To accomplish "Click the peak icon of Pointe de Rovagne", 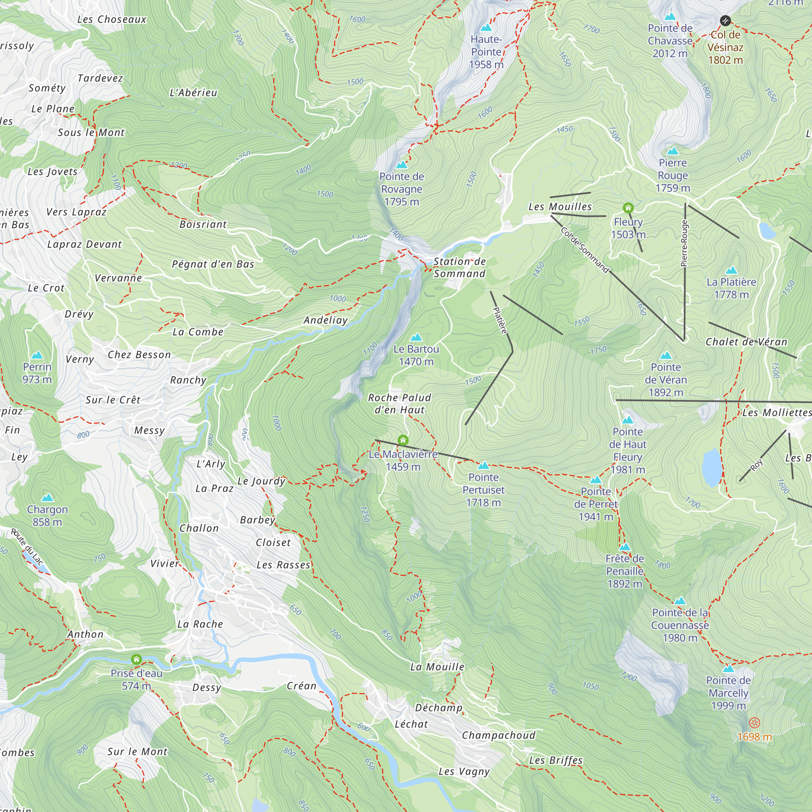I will [x=402, y=165].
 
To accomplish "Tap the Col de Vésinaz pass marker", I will [x=725, y=20].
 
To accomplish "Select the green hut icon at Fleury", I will [x=628, y=207].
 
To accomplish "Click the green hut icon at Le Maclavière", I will [x=403, y=440].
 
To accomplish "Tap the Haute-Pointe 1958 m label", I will [x=486, y=52].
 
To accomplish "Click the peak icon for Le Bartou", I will [x=416, y=337].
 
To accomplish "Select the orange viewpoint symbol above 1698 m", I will [x=754, y=723].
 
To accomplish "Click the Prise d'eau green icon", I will [x=136, y=659].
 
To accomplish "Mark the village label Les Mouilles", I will [x=560, y=206].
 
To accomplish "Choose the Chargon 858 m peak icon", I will [x=47, y=498].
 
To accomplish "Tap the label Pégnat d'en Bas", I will [x=213, y=264].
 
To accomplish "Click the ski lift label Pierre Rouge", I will [x=684, y=244].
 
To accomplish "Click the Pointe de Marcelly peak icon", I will [x=728, y=668].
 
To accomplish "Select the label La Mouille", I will [x=437, y=667].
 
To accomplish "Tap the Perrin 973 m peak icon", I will [x=37, y=355].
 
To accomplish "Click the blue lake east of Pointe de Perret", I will [x=711, y=466].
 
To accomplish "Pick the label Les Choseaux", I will [x=112, y=19].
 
